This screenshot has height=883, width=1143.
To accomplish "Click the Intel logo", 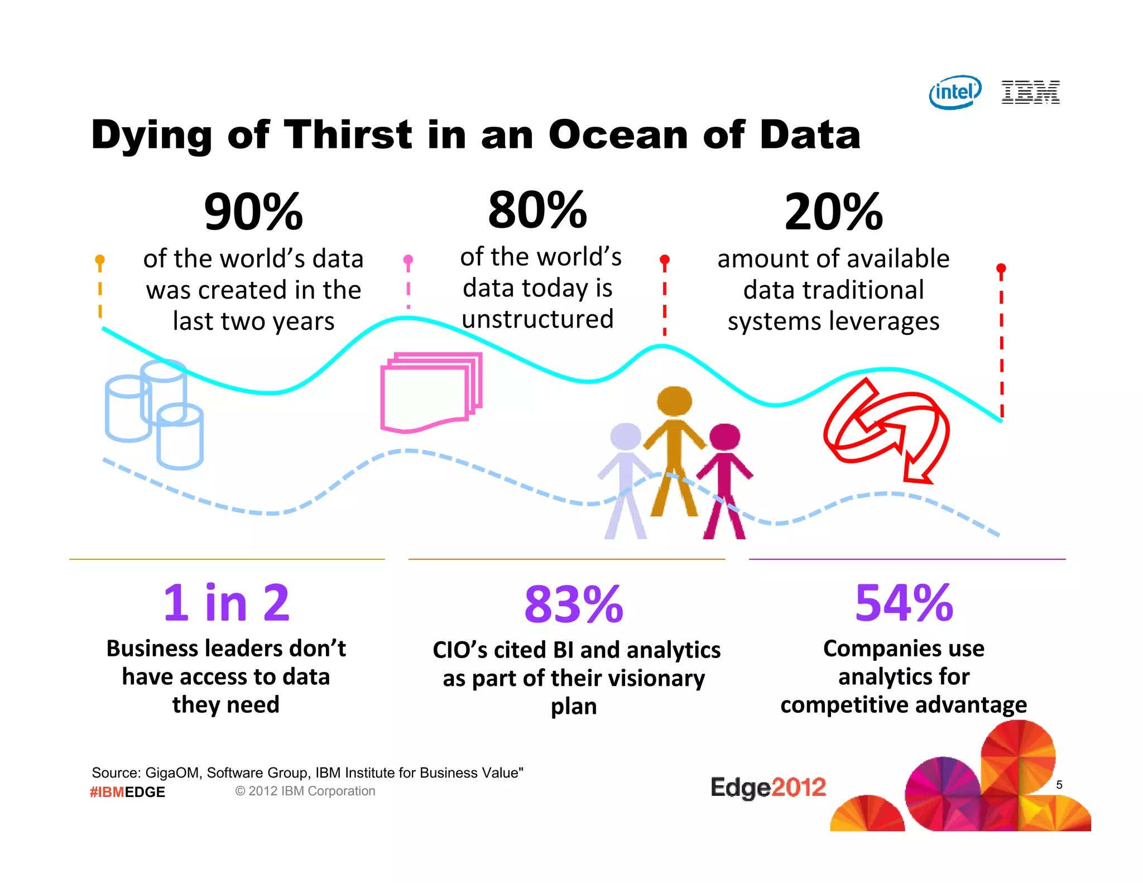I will point(955,92).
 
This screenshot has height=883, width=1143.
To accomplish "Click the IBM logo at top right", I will point(1030,92).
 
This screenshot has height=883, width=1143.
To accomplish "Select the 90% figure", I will point(253,212).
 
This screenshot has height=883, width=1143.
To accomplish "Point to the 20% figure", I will point(833,212).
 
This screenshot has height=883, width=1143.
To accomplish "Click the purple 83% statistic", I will point(573,604).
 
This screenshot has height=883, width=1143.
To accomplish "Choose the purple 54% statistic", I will point(904,603).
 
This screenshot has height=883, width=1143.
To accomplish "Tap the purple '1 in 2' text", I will point(226,603).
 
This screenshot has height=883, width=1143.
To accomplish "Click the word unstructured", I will point(537,319).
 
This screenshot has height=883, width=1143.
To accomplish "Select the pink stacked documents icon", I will point(430,391).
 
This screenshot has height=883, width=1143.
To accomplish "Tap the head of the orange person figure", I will point(674,401).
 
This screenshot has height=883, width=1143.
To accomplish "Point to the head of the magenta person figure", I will point(724,437).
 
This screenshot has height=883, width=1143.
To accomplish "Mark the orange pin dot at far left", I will point(100,260).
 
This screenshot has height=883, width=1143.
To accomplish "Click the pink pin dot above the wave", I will point(408,260).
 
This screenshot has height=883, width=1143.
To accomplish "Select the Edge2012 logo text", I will point(768,788).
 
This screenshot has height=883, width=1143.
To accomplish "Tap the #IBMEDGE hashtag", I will point(127,792).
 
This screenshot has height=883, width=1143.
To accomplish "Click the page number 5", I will point(1059,785).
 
